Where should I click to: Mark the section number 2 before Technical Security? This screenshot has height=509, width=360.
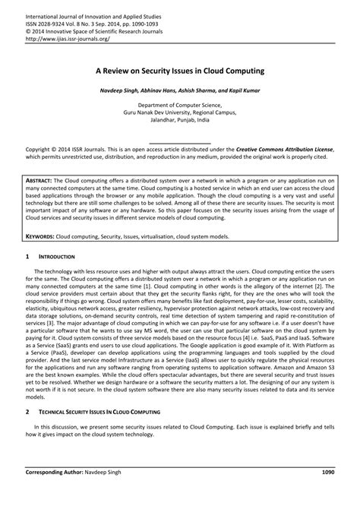pyautogui.click(x=28, y=410)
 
